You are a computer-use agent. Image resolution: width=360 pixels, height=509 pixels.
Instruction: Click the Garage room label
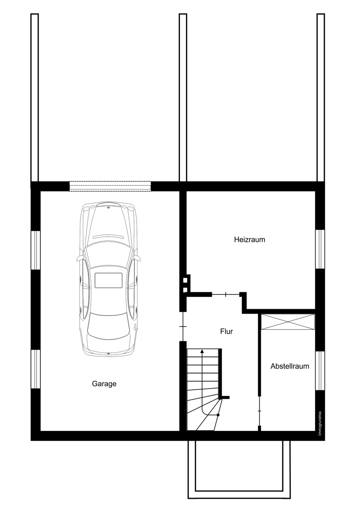[104, 384]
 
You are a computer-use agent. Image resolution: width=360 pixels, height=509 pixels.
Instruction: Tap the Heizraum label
[250, 240]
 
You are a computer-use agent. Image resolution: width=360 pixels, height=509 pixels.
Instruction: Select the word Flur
[227, 331]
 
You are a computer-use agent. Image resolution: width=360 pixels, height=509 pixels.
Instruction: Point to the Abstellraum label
[290, 366]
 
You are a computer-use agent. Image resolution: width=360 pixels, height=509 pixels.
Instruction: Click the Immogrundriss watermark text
[320, 423]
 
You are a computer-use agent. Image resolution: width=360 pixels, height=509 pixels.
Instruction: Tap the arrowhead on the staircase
[202, 352]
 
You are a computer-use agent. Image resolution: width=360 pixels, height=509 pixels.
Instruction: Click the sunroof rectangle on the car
[109, 280]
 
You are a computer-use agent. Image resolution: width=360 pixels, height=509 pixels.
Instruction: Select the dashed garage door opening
[110, 186]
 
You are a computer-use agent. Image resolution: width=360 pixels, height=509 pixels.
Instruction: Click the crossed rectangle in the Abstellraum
[288, 322]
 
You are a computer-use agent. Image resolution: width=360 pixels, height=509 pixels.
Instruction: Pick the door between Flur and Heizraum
[225, 295]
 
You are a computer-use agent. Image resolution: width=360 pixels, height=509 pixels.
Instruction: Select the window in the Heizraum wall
[320, 249]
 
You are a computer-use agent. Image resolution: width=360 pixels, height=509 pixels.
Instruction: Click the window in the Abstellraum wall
[320, 371]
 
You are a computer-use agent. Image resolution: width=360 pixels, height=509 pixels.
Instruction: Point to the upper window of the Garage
[36, 250]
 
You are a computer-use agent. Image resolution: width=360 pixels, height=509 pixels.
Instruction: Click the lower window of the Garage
[36, 369]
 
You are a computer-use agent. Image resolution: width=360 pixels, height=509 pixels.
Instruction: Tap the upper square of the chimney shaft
[186, 280]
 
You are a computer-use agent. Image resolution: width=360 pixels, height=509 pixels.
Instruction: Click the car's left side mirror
[79, 258]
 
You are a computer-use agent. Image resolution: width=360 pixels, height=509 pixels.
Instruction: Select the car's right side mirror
[138, 258]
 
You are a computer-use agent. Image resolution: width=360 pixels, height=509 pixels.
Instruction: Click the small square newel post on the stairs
[218, 415]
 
